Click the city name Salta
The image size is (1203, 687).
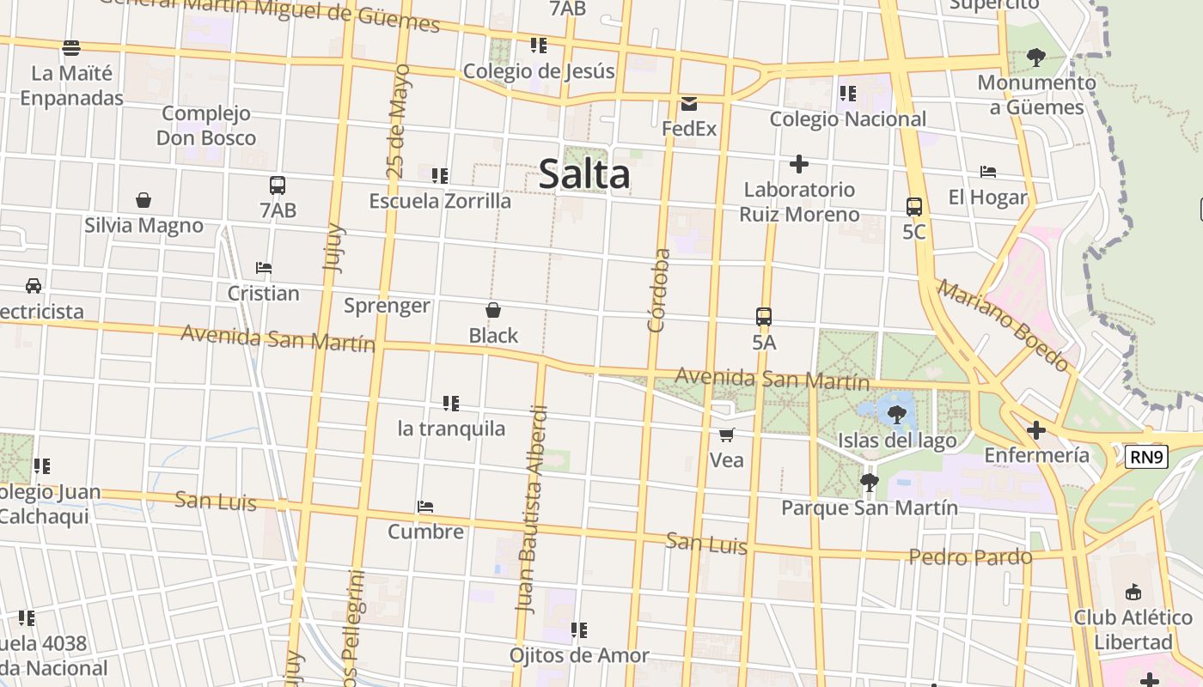click(584, 174)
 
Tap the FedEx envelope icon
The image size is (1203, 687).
click(689, 104)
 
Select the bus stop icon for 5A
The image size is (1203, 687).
click(764, 317)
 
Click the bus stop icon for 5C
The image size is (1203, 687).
click(914, 207)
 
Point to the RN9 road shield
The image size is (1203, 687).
click(1147, 457)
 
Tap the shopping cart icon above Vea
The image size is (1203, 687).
click(726, 435)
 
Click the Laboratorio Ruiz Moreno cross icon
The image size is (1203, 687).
click(799, 164)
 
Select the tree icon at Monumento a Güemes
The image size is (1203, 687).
click(1036, 58)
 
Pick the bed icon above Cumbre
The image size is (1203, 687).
click(425, 507)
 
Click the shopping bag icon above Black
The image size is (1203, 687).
click(493, 310)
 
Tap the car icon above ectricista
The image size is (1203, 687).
click(34, 286)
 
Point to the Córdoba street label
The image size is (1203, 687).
click(658, 290)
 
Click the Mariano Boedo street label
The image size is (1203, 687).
click(1004, 325)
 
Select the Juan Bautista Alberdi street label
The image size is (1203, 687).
click(531, 508)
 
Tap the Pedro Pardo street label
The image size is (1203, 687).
click(970, 557)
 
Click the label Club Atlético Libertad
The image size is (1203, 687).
click(1133, 629)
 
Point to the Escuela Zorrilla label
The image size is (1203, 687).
click(440, 201)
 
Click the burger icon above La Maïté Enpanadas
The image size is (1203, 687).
click(71, 47)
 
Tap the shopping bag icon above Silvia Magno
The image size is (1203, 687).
click(144, 201)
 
